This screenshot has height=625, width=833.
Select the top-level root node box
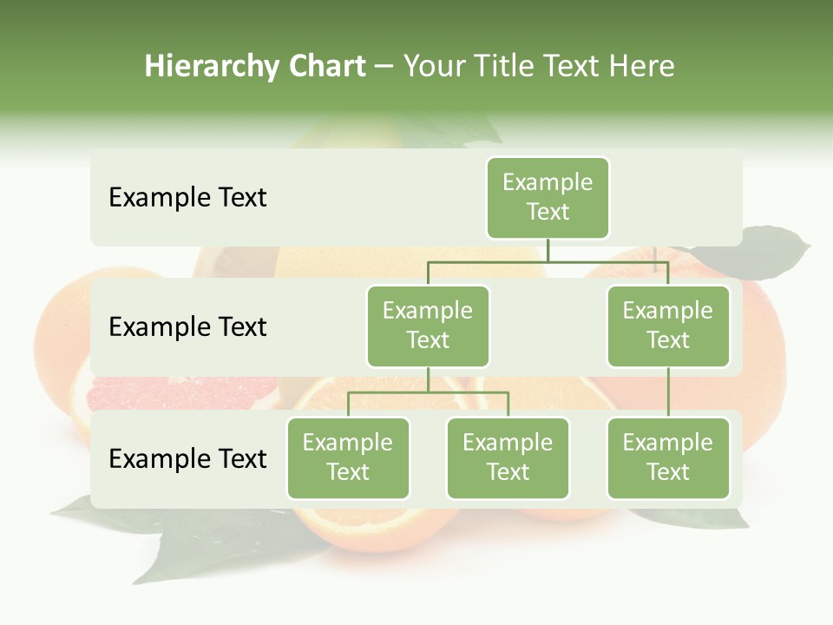548,198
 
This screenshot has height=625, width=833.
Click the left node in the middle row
428,326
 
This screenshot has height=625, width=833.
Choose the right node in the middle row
668,326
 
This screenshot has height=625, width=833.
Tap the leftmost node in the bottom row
348,458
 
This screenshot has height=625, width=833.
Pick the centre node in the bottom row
508,458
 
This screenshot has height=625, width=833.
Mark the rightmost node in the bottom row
668,458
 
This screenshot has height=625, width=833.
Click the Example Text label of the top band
187,198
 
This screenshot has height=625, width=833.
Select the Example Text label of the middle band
187,327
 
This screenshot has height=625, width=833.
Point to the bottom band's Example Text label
187,459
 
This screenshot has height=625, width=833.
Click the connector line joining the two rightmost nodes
668,392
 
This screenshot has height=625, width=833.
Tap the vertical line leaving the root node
548,250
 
